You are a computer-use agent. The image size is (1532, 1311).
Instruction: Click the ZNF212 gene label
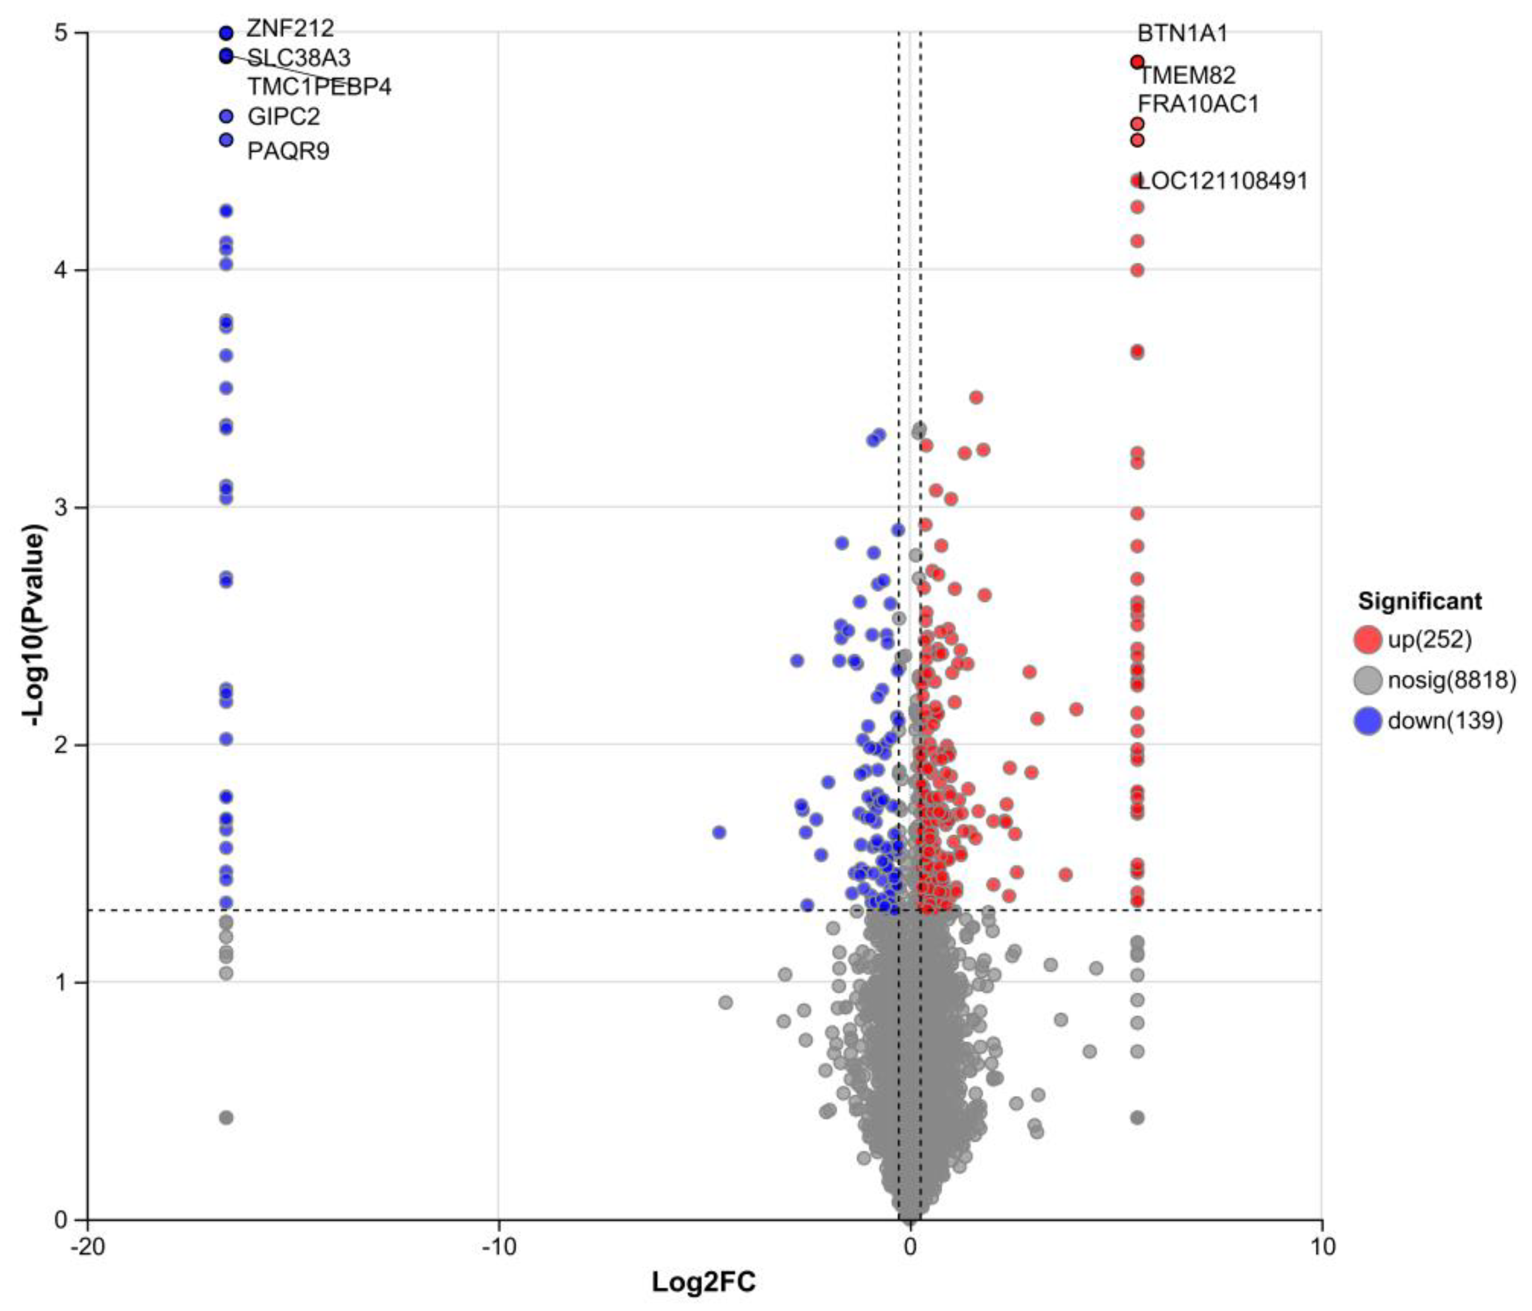pyautogui.click(x=290, y=29)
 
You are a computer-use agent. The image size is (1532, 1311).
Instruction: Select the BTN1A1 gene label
pyautogui.click(x=1182, y=33)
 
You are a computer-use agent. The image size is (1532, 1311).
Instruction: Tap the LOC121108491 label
pyautogui.click(x=1223, y=181)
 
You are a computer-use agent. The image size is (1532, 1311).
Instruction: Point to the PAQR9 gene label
pyautogui.click(x=288, y=152)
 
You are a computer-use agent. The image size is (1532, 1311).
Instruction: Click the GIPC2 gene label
pyautogui.click(x=283, y=117)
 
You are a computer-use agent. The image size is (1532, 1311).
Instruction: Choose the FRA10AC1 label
pyautogui.click(x=1198, y=104)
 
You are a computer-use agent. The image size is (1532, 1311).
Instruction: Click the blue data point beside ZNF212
pyautogui.click(x=226, y=32)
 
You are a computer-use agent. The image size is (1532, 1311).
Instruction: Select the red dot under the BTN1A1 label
pyautogui.click(x=1137, y=61)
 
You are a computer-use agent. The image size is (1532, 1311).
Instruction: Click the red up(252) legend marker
pyautogui.click(x=1368, y=639)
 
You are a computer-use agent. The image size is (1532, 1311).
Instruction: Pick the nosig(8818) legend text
pyautogui.click(x=1451, y=680)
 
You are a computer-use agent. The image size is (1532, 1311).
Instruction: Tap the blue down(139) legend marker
pyautogui.click(x=1368, y=720)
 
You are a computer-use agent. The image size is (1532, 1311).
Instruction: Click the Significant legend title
pyautogui.click(x=1419, y=601)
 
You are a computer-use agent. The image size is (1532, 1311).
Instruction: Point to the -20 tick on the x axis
pyautogui.click(x=87, y=1246)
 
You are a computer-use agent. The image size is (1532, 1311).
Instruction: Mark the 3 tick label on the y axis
pyautogui.click(x=61, y=507)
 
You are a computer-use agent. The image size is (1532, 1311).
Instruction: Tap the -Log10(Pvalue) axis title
pyautogui.click(x=35, y=625)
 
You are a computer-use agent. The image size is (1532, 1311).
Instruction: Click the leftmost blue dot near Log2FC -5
pyautogui.click(x=718, y=833)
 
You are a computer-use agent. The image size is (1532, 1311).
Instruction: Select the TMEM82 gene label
pyautogui.click(x=1186, y=75)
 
